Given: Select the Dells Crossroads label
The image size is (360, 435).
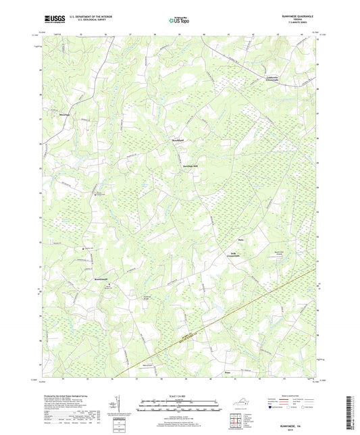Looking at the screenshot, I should [234, 254].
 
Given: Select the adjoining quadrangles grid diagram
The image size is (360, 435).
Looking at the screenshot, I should [236, 423].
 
